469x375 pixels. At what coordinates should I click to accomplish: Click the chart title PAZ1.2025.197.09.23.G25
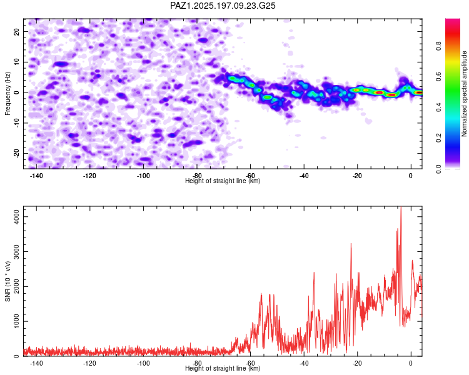point(223,6)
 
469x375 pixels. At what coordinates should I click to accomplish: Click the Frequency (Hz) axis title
point(8,94)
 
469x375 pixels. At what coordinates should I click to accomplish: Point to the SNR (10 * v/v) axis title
point(8,281)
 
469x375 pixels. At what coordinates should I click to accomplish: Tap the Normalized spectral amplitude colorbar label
point(464,94)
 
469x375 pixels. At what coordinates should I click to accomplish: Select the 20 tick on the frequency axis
point(16,31)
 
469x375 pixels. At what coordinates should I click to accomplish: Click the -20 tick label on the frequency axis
point(16,153)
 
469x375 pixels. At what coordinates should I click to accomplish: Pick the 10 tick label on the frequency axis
point(16,62)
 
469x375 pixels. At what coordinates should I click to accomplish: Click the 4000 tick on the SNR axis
point(16,216)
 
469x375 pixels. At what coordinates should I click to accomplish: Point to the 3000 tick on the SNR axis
point(16,251)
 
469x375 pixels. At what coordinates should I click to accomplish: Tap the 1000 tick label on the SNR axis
point(16,321)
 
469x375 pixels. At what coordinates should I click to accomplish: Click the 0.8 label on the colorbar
point(438,46)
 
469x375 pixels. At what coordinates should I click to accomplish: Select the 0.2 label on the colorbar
point(438,138)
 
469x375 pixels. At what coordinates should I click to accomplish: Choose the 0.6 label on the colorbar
point(438,77)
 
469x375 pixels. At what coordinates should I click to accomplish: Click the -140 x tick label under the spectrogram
point(36,176)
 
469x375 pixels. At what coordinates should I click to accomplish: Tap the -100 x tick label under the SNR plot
point(143,363)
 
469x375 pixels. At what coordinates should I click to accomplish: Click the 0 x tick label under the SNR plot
point(411,363)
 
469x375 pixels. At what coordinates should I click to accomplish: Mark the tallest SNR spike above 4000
point(401,207)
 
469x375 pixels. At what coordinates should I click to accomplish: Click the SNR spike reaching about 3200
point(351,244)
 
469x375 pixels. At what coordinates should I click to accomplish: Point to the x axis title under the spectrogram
point(223,181)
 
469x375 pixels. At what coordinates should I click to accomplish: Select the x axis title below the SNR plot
point(223,368)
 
